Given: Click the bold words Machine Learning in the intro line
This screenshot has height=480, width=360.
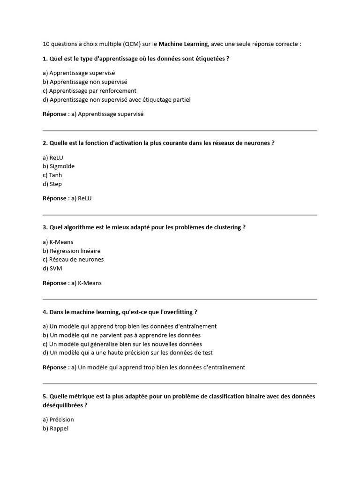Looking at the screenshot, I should tap(183, 44).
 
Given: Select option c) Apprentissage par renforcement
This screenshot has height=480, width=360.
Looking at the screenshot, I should tap(90, 90).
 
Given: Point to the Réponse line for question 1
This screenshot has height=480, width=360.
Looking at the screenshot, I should tap(93, 114).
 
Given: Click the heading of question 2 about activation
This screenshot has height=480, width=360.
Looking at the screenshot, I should tap(158, 143).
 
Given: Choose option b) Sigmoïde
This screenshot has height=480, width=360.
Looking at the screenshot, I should tap(59, 166).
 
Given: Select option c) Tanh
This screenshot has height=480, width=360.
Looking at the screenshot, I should tap(52, 175).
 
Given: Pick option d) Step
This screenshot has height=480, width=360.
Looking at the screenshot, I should tap(52, 184).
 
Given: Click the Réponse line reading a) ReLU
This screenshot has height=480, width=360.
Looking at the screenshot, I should tap(67, 198).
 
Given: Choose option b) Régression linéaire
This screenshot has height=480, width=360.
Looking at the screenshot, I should tap(71, 251).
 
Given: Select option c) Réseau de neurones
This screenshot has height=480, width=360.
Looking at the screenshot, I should tap(73, 259).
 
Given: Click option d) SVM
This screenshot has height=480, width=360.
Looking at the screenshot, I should tap(52, 268).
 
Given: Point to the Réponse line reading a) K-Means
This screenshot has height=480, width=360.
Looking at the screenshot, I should tap(72, 283).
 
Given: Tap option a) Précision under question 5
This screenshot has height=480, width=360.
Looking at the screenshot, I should tap(58, 420).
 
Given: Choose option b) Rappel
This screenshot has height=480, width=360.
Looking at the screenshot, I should tap(55, 428).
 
